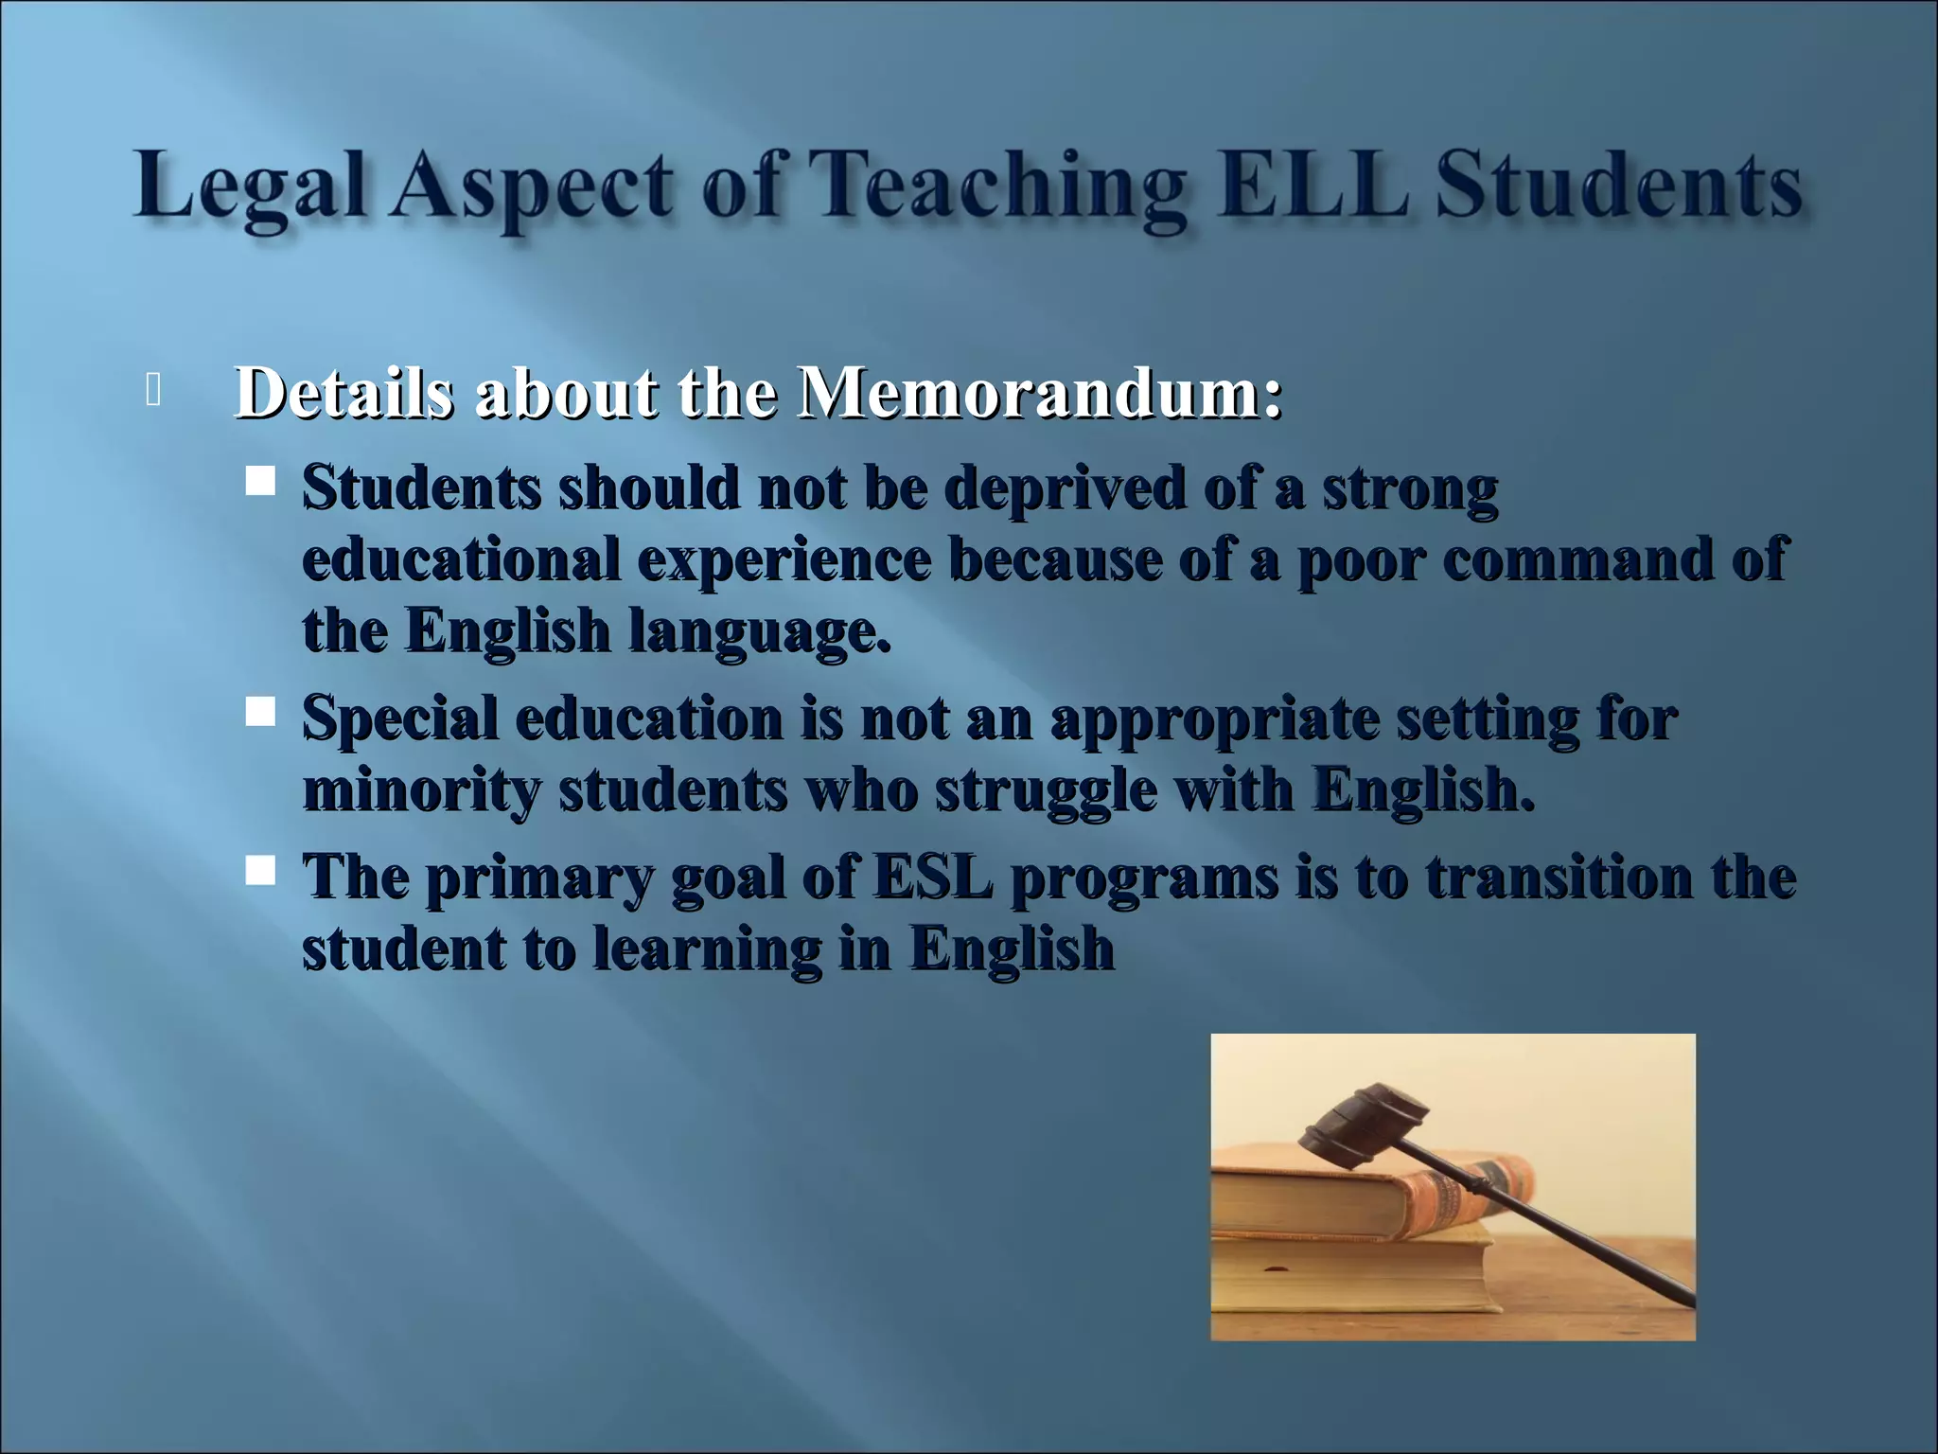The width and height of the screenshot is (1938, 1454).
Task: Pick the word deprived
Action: [x=1065, y=489]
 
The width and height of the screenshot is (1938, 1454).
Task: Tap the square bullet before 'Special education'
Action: [x=259, y=711]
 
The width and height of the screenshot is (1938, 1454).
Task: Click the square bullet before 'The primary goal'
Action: [x=259, y=870]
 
